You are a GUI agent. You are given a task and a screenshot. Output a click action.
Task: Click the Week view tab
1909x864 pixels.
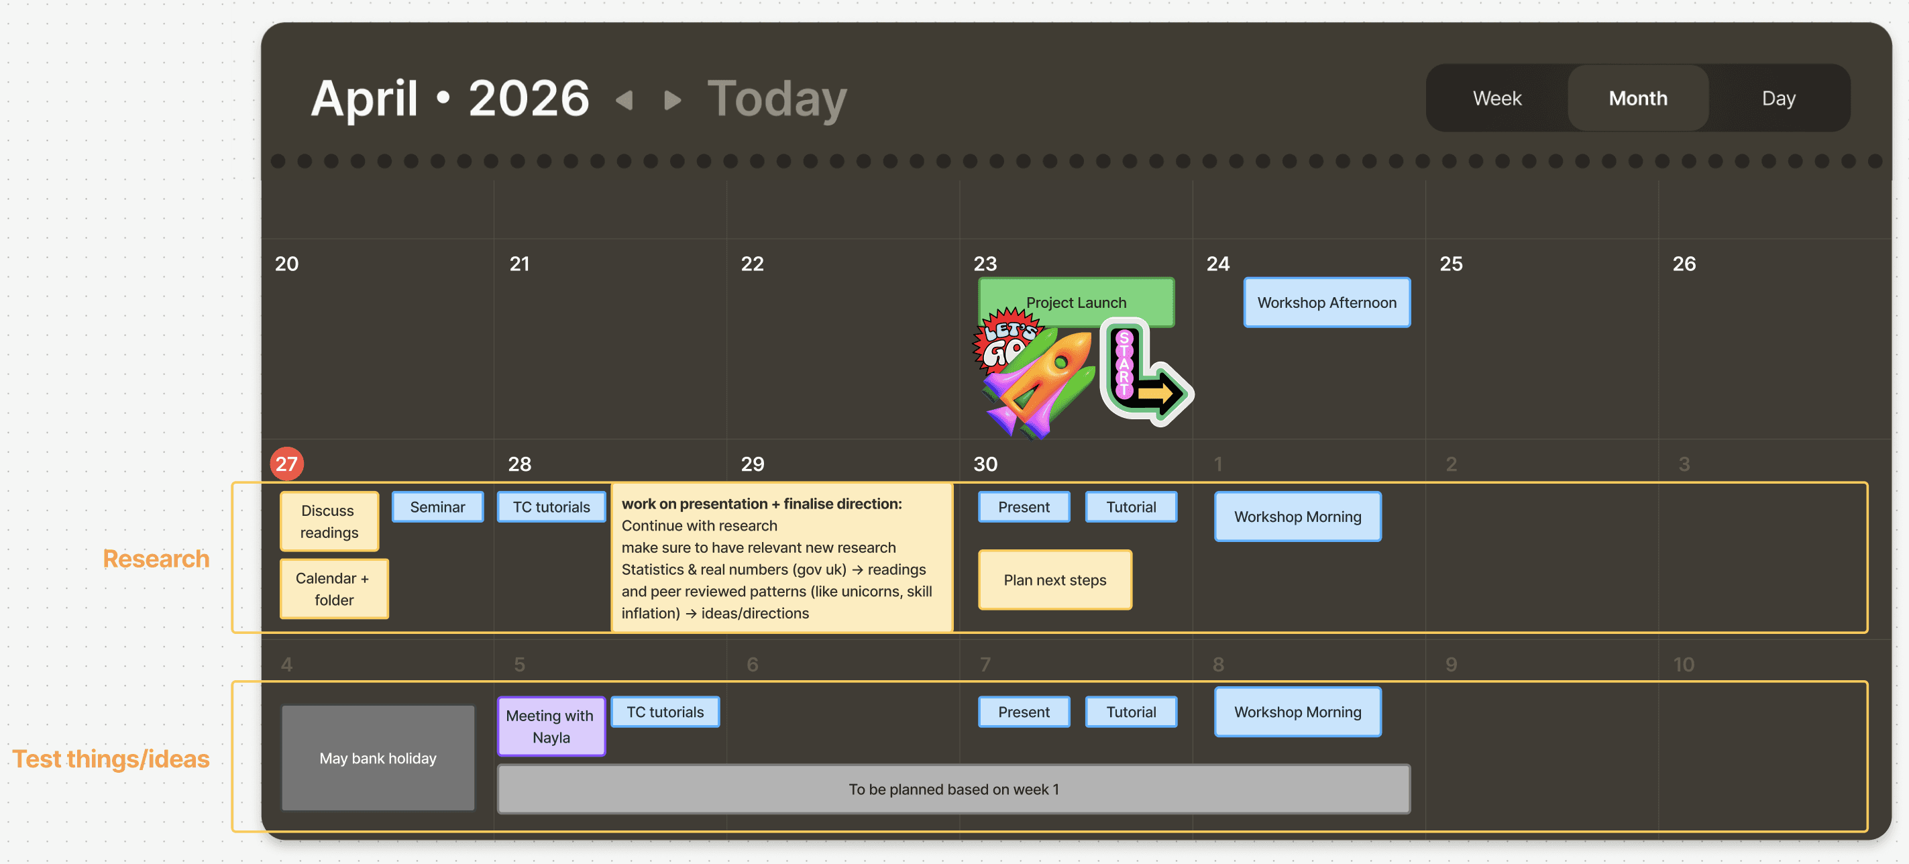tap(1496, 99)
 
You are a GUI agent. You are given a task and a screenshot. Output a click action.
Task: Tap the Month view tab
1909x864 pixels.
tap(1638, 99)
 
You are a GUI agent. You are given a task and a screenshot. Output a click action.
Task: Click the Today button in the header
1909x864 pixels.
tap(777, 99)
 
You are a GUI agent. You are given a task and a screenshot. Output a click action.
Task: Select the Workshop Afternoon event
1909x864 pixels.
tap(1327, 303)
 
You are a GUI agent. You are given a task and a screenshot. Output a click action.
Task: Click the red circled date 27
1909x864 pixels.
tap(287, 464)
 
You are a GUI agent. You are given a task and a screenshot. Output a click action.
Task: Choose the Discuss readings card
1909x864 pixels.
tap(329, 522)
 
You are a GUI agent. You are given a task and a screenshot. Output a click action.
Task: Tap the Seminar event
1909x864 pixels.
tap(437, 507)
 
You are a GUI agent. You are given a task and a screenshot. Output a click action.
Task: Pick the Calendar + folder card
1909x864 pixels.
tap(333, 589)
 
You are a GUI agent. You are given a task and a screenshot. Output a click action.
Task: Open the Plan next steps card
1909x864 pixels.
tap(1054, 580)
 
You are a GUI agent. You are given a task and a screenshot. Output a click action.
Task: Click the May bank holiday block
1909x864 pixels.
tap(378, 758)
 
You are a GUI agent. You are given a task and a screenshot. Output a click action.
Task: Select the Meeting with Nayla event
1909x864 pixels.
tap(551, 726)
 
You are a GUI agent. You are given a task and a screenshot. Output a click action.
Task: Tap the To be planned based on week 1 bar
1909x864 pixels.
tap(954, 789)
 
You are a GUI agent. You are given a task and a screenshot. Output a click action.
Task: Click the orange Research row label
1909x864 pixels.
tap(156, 559)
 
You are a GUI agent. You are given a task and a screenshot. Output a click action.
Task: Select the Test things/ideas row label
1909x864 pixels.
tap(111, 759)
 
